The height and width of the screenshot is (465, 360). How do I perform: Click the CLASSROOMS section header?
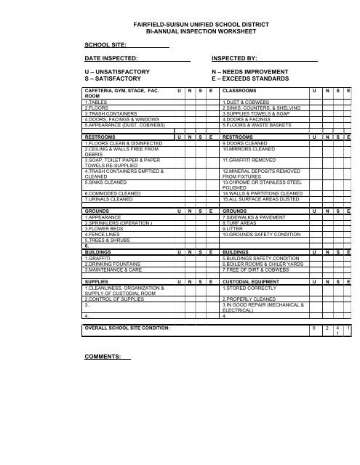click(245, 91)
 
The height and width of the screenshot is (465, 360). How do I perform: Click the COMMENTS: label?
click(102, 357)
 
